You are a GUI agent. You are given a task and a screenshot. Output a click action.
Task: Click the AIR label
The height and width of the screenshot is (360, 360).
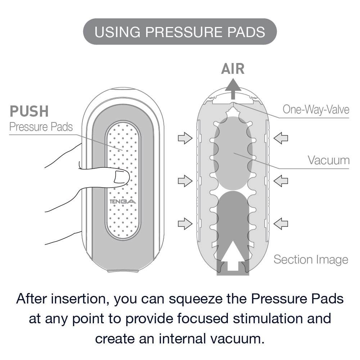[233, 69]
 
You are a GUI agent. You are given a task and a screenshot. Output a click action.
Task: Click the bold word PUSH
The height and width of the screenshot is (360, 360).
[29, 112]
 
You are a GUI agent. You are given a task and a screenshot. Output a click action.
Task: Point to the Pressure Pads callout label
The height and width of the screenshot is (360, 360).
[41, 127]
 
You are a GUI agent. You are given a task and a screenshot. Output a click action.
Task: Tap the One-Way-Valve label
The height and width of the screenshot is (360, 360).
[316, 109]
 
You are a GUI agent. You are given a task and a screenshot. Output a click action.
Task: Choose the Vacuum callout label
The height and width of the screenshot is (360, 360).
[328, 160]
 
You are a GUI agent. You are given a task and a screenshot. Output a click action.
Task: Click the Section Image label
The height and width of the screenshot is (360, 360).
[311, 259]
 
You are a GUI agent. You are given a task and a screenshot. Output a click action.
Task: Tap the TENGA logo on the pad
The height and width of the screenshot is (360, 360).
[123, 202]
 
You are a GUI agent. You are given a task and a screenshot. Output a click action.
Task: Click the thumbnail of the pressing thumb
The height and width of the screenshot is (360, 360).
[120, 177]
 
